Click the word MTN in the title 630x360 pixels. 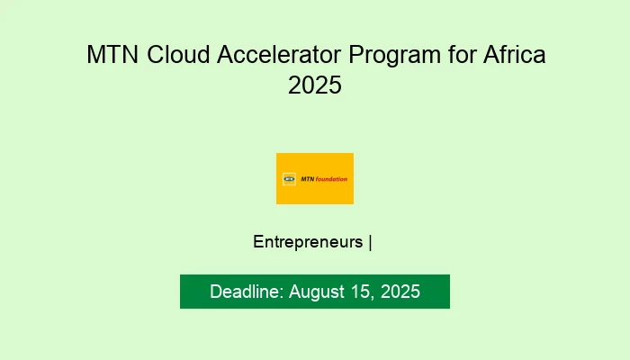[x=109, y=55]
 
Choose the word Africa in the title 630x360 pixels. [x=514, y=55]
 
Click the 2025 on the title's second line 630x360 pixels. [x=315, y=85]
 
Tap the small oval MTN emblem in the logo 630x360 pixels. [x=289, y=178]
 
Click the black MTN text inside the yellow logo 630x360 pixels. [x=307, y=178]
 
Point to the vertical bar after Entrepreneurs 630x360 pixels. [x=371, y=242]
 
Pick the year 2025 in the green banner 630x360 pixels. [x=400, y=292]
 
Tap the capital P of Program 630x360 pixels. [x=356, y=55]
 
